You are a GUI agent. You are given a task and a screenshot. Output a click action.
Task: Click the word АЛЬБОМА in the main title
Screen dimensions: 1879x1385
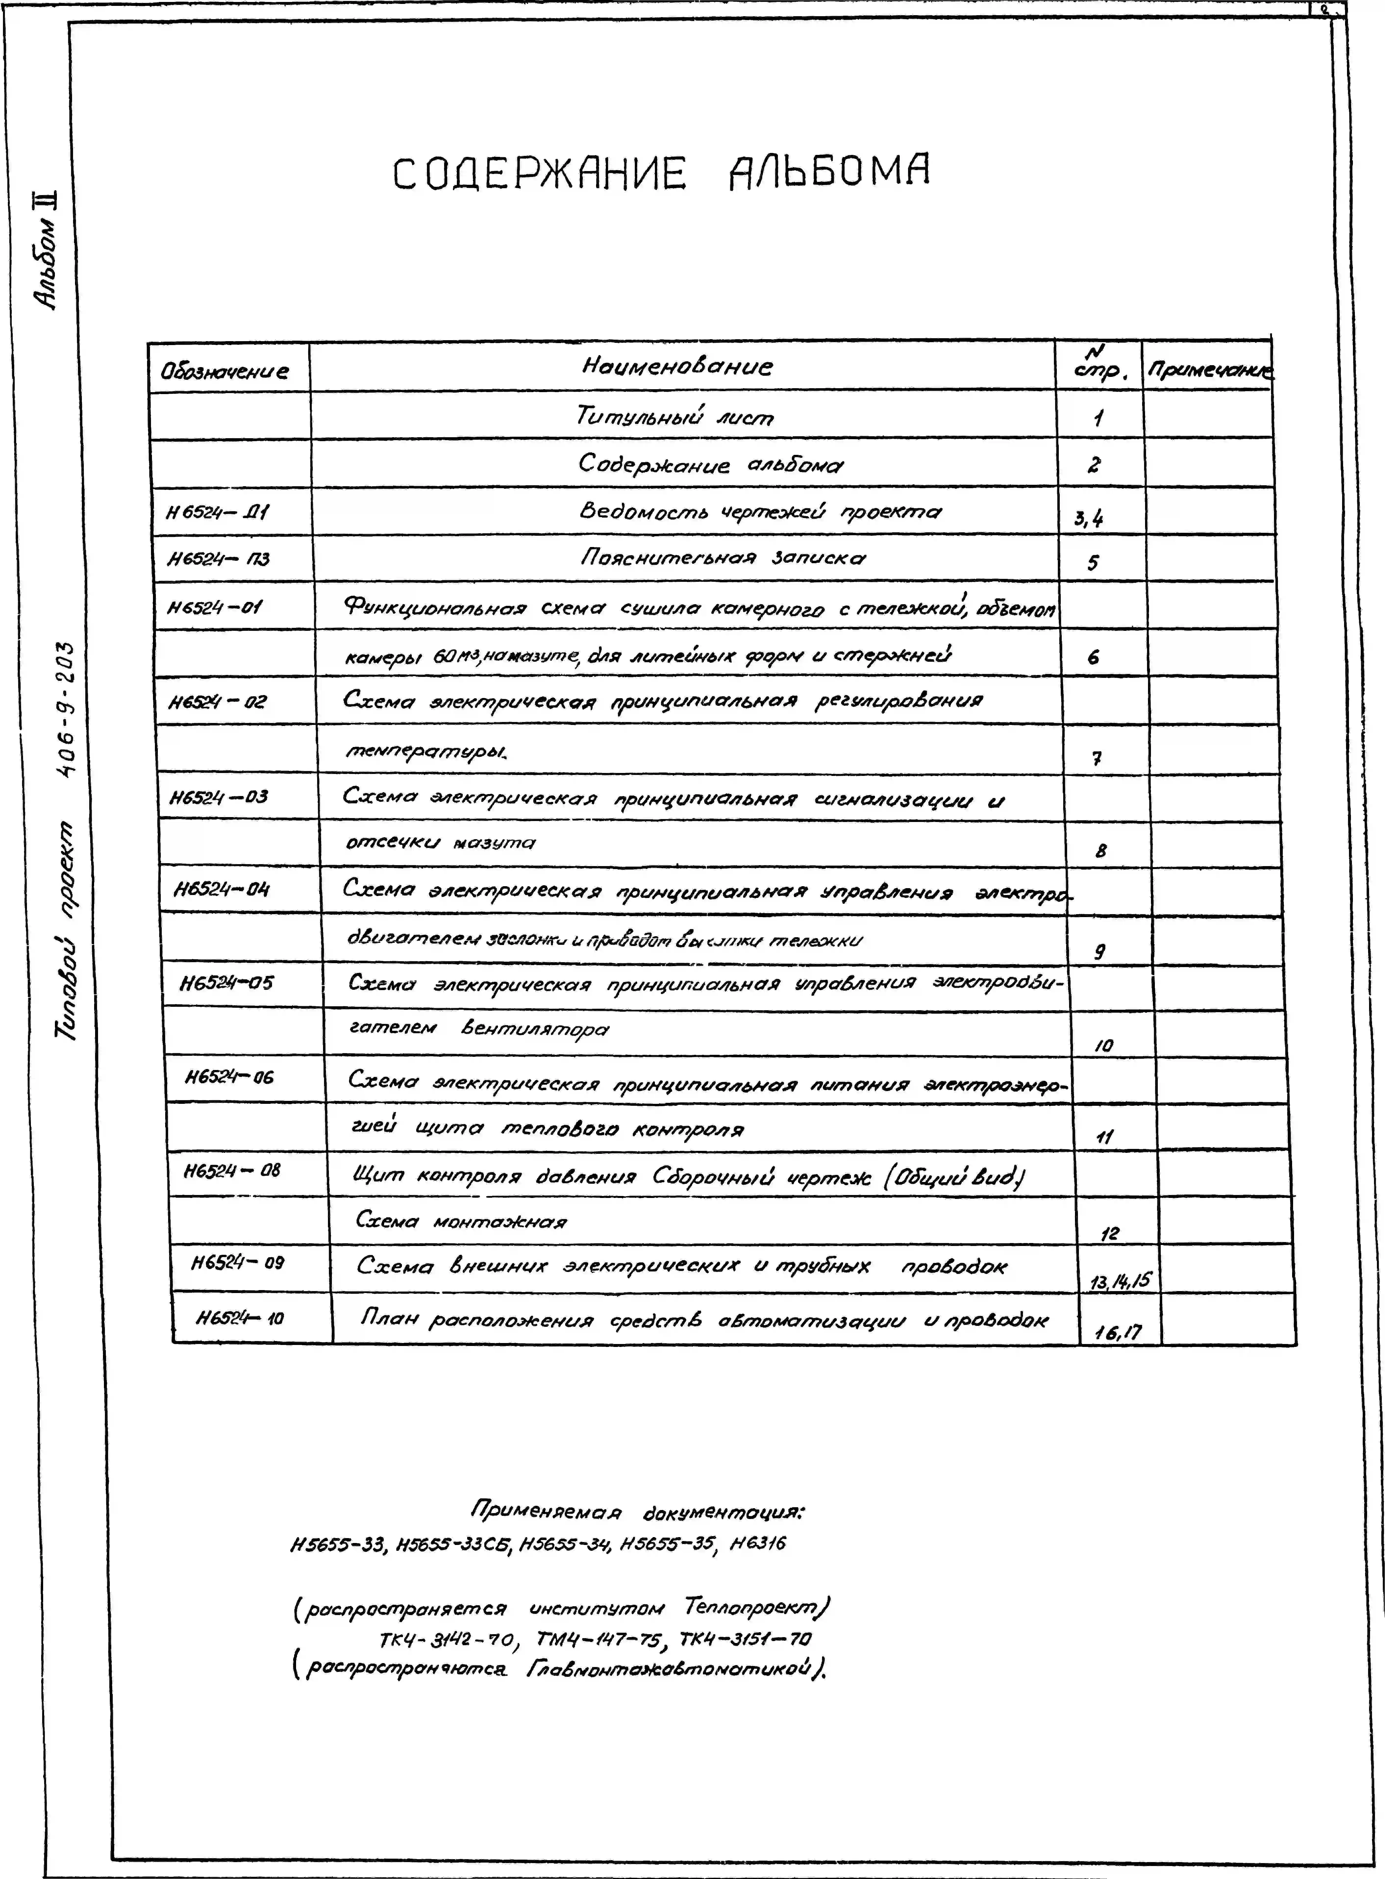828,173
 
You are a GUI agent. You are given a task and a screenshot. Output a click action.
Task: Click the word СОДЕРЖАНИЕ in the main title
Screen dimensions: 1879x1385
540,174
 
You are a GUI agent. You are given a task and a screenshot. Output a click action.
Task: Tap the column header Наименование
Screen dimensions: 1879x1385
677,366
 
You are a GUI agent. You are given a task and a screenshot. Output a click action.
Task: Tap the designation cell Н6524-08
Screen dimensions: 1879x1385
232,1170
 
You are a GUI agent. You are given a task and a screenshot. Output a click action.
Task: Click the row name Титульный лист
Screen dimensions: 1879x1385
675,417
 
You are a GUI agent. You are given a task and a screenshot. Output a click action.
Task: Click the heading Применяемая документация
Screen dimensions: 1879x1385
637,1513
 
